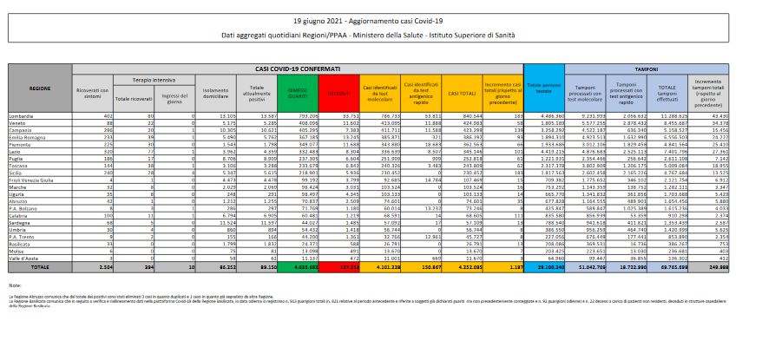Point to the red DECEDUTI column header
(x=338, y=89)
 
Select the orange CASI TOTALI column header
(x=460, y=89)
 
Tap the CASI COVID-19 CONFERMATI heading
(x=299, y=68)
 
